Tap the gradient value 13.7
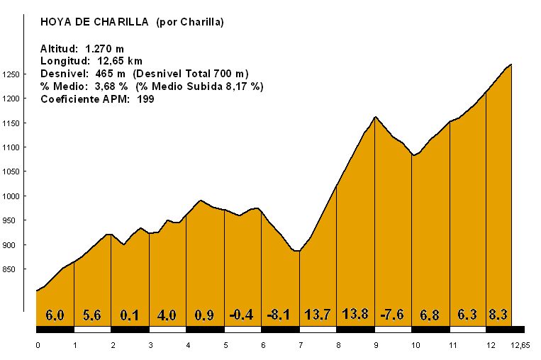(317, 315)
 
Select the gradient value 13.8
(355, 314)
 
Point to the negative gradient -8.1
(280, 315)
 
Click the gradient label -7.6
(393, 315)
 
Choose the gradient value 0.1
(130, 315)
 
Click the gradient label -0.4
(242, 315)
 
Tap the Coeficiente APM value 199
(145, 99)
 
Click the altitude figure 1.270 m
(106, 48)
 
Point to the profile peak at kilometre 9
(375, 117)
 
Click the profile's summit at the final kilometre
(511, 64)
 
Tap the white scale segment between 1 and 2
(93, 330)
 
